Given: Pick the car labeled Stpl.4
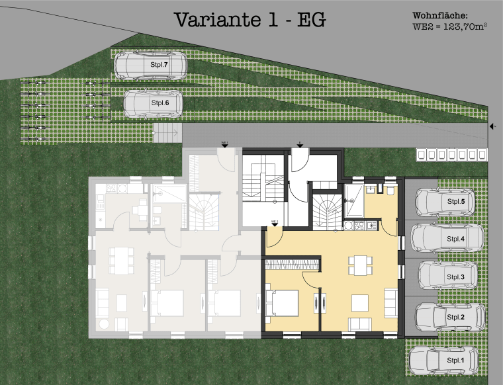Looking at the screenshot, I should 446,239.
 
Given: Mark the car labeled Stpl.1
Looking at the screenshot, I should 446,360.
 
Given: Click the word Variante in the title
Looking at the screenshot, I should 216,20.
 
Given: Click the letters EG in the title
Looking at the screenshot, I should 310,20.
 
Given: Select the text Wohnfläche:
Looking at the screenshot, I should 440,15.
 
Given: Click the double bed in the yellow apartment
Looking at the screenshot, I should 282,303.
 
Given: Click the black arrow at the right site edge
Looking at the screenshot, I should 492,126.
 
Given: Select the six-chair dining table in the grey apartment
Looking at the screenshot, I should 120,260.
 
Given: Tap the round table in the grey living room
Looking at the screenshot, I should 106,324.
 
